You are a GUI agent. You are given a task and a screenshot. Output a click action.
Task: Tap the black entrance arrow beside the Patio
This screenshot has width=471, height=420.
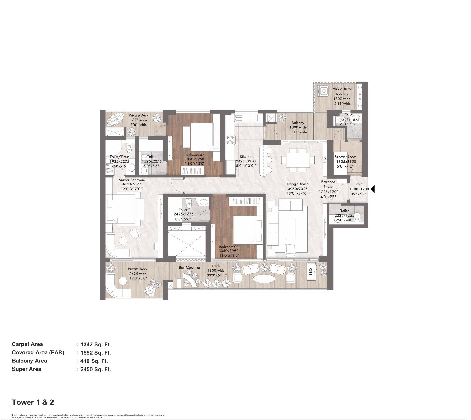(373, 189)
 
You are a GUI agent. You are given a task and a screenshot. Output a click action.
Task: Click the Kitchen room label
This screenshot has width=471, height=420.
(246, 156)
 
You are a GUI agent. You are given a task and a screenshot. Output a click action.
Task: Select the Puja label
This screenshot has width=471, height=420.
(325, 160)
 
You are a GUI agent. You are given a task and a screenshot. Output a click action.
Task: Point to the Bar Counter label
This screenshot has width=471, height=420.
(189, 267)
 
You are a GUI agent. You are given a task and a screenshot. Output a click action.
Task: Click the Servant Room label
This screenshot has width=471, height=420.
(345, 157)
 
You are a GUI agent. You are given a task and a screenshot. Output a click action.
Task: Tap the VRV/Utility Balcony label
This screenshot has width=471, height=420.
(342, 92)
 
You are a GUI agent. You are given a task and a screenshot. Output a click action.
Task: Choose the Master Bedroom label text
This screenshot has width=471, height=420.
(132, 180)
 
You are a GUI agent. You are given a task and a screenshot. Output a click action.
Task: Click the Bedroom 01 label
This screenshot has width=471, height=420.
(229, 247)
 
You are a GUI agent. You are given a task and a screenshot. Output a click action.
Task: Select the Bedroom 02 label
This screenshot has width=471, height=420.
(194, 155)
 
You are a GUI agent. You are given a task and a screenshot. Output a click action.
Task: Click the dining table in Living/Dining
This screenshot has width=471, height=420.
(298, 160)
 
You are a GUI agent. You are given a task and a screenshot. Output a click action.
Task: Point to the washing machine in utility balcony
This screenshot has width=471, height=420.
(324, 91)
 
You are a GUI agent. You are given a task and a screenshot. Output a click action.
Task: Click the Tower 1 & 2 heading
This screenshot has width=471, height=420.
(33, 402)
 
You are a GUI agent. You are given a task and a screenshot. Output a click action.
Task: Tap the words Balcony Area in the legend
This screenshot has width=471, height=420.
(29, 361)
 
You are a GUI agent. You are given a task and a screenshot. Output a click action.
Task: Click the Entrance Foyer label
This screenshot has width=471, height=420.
(328, 184)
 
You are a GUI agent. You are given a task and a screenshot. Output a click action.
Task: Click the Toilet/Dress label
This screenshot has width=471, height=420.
(120, 157)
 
